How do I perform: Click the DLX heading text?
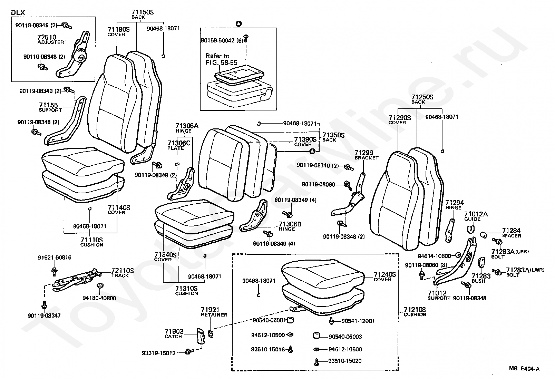(18, 12)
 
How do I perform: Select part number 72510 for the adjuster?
(47, 37)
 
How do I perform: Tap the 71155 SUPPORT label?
(50, 107)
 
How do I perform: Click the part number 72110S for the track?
(123, 271)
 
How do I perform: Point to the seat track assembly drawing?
(77, 280)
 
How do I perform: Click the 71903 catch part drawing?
(201, 336)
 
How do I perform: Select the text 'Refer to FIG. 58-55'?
(221, 59)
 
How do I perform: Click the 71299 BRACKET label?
(366, 155)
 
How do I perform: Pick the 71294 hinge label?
(455, 205)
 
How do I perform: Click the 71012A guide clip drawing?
(471, 229)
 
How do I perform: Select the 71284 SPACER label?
(512, 233)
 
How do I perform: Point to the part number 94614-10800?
(434, 256)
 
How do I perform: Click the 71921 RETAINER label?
(214, 312)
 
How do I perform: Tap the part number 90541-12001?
(358, 321)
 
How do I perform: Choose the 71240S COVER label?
(385, 276)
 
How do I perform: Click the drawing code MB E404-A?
(524, 369)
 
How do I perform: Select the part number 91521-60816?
(55, 257)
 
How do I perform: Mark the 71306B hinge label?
(290, 226)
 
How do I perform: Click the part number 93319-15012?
(158, 353)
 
